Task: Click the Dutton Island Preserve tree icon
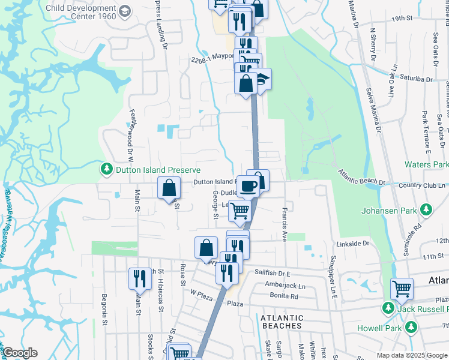(107, 170)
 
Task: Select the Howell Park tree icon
(411, 327)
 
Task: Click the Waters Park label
(426, 164)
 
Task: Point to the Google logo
(19, 353)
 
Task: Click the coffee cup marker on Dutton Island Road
(248, 186)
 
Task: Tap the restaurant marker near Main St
(140, 278)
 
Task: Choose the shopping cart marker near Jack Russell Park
(402, 289)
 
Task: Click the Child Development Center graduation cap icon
(124, 11)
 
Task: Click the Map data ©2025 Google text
(411, 355)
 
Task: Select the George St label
(215, 204)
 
